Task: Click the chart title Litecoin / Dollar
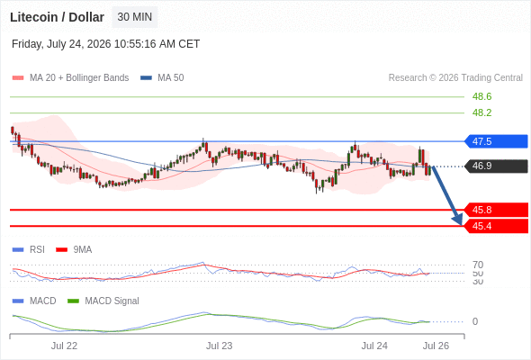click(x=57, y=17)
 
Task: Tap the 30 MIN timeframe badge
click(x=135, y=17)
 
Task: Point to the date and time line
click(x=105, y=44)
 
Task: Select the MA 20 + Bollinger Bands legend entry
click(x=70, y=78)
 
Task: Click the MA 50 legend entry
click(x=162, y=78)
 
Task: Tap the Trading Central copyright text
click(x=455, y=78)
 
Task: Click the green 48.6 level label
click(x=481, y=96)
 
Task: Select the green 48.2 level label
click(x=481, y=112)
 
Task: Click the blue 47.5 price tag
click(x=496, y=141)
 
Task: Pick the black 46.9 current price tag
click(x=496, y=166)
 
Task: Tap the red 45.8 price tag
click(x=496, y=210)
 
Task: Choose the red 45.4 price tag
click(x=496, y=226)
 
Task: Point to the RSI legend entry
click(x=29, y=249)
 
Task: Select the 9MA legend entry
click(x=74, y=249)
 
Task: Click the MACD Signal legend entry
click(x=103, y=301)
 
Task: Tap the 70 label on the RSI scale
click(x=478, y=265)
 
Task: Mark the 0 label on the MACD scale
click(x=475, y=321)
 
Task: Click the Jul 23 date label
click(x=220, y=346)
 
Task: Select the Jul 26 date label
click(x=436, y=346)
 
